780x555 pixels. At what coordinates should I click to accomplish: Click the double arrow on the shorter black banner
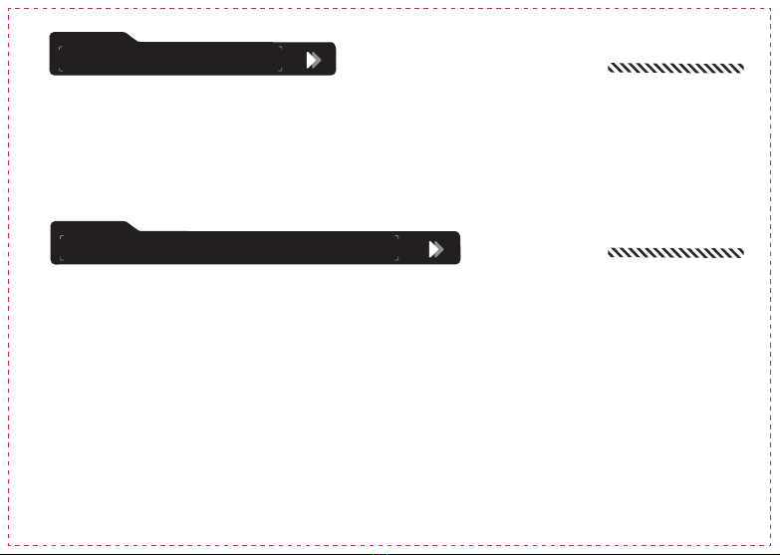(x=314, y=60)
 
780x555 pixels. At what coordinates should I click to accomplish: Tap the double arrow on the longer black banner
(x=436, y=249)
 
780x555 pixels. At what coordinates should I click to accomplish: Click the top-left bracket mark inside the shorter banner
(x=61, y=47)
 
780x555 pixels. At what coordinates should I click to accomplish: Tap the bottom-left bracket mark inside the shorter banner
(x=61, y=70)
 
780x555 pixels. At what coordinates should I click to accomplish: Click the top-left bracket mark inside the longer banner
(x=61, y=237)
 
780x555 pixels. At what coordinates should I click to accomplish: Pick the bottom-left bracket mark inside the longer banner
(x=61, y=259)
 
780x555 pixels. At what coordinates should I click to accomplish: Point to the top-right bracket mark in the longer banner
(x=396, y=237)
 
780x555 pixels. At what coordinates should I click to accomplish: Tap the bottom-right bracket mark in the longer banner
(x=396, y=259)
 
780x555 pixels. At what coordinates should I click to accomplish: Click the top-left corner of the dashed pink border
(x=7, y=7)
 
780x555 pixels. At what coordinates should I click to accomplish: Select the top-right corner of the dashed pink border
(x=773, y=7)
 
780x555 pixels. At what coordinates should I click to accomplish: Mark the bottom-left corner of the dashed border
(x=7, y=547)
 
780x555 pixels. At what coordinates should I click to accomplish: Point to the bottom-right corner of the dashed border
(x=773, y=547)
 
